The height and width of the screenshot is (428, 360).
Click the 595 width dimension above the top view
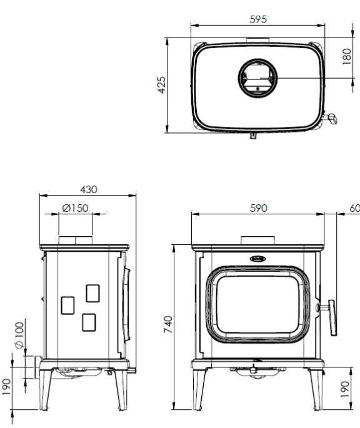(257, 19)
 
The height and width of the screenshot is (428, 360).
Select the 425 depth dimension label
(162, 84)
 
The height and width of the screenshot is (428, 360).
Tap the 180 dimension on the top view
(347, 57)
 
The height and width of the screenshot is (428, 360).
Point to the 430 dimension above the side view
(88, 189)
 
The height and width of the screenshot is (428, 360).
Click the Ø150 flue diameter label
(75, 208)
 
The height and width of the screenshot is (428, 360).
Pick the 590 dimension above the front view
(259, 208)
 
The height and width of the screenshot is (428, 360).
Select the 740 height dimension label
(169, 325)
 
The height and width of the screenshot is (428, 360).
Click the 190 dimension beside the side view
(7, 387)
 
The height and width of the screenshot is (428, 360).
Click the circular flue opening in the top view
(256, 79)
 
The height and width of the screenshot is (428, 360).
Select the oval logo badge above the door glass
(257, 257)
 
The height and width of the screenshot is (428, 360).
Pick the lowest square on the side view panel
(89, 321)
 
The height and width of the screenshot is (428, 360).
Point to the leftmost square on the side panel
(66, 304)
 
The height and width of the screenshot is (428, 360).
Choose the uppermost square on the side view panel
(92, 292)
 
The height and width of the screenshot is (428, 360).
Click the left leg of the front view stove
(199, 390)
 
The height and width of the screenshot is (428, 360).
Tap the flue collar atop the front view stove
(257, 241)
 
